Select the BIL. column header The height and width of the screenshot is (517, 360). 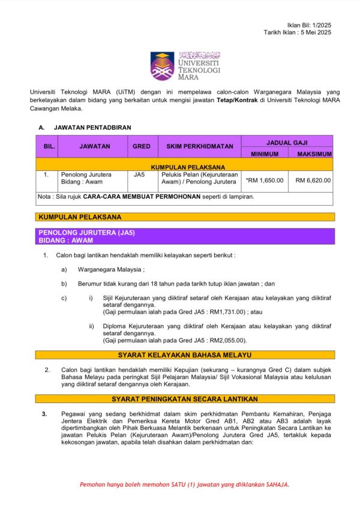49,146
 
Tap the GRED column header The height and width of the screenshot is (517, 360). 142,146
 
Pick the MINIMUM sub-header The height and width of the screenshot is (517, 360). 264,154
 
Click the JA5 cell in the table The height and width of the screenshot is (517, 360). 139,175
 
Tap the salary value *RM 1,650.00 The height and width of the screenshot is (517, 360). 264,180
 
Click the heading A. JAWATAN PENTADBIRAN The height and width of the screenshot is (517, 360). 85,128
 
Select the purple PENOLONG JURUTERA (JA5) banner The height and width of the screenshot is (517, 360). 185,236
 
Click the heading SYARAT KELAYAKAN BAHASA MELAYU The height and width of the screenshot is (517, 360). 185,355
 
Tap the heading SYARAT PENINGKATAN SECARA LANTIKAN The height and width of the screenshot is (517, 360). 185,399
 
